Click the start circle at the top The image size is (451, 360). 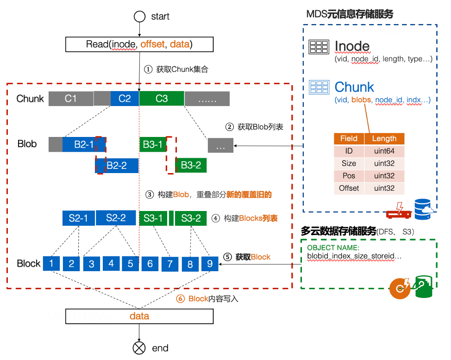pyautogui.click(x=139, y=17)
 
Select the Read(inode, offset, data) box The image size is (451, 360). pyautogui.click(x=139, y=44)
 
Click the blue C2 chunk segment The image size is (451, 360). pyautogui.click(x=125, y=99)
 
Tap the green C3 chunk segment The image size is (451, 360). pyautogui.click(x=162, y=99)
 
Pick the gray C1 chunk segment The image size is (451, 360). pyautogui.click(x=70, y=99)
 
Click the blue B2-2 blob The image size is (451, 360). pyautogui.click(x=117, y=165)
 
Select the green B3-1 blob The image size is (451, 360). pyautogui.click(x=153, y=145)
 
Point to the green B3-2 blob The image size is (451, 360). pyautogui.click(x=190, y=165)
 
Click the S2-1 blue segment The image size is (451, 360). pyautogui.click(x=78, y=218)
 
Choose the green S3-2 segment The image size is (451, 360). pyautogui.click(x=191, y=218)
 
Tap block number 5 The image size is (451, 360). pyautogui.click(x=131, y=263)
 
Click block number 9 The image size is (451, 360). pyautogui.click(x=210, y=263)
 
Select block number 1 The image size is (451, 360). pyautogui.click(x=52, y=263)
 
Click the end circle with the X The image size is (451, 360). pyautogui.click(x=139, y=348)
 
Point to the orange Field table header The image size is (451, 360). pyautogui.click(x=349, y=138)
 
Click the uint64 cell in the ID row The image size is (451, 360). pyautogui.click(x=384, y=151)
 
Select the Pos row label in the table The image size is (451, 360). pyautogui.click(x=349, y=176)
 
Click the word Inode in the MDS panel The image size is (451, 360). pyautogui.click(x=352, y=46)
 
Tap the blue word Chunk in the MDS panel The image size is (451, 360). pyautogui.click(x=354, y=87)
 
